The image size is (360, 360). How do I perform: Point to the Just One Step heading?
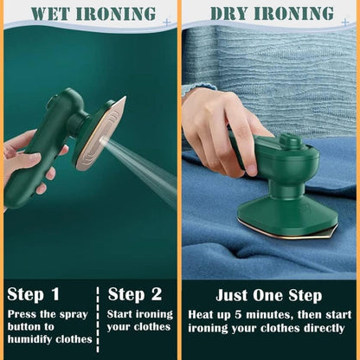click(x=269, y=294)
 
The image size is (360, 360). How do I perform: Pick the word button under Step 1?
click(x=27, y=326)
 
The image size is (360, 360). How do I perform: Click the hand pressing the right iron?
click(x=212, y=117)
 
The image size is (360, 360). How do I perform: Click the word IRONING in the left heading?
click(x=118, y=14)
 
